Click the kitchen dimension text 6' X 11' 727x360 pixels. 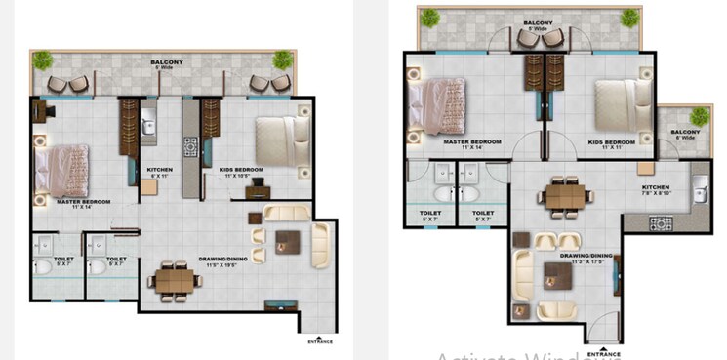(x=160, y=177)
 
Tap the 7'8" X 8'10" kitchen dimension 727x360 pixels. (x=656, y=193)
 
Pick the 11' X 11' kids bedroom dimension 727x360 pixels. (x=613, y=148)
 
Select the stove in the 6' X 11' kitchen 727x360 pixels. (x=191, y=148)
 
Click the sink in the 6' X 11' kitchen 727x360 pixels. (x=148, y=125)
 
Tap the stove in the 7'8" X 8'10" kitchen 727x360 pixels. (x=661, y=223)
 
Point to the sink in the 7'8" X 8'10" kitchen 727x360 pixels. (x=699, y=190)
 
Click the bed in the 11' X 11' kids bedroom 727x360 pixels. (x=621, y=100)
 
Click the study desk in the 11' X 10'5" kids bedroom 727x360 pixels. (x=256, y=192)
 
